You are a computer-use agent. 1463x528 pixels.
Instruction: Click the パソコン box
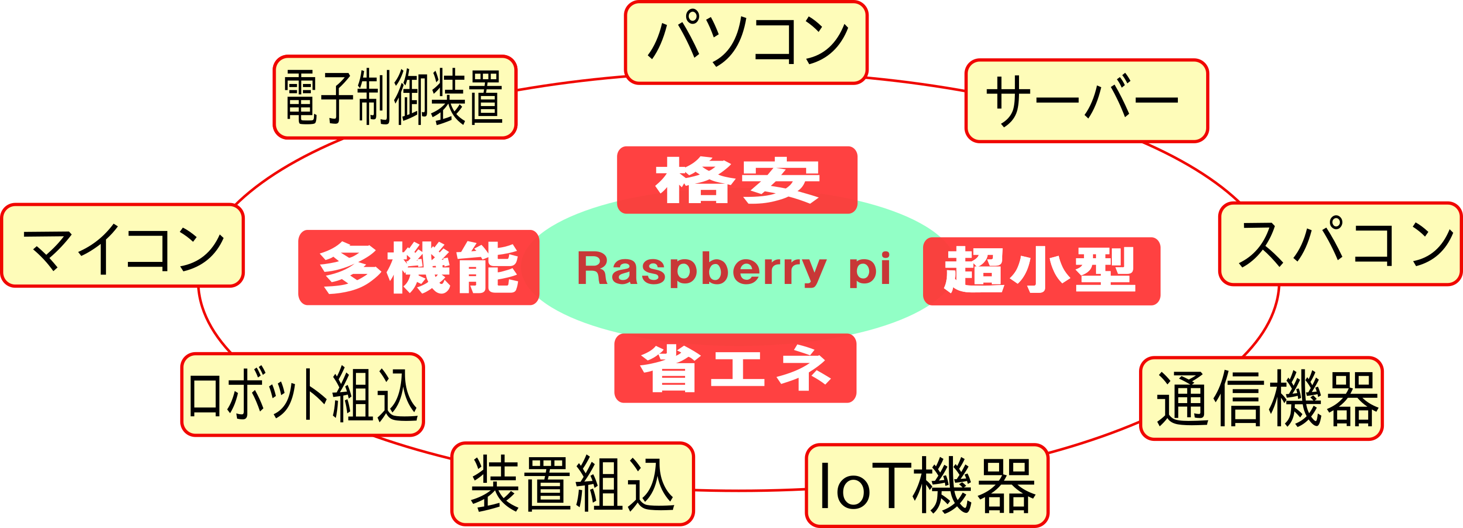746,43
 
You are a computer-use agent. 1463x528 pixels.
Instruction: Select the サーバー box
1086,101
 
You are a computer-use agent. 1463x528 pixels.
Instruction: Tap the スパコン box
1340,243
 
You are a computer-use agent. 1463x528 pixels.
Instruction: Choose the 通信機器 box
1261,398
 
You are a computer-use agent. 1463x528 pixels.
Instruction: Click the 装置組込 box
572,484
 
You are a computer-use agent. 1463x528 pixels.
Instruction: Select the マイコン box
123,246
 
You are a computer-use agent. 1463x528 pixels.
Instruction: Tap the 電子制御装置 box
395,97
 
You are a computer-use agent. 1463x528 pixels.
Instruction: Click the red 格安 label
736,180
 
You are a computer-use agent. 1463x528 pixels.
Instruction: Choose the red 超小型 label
1041,271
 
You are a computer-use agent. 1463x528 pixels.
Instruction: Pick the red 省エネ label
735,368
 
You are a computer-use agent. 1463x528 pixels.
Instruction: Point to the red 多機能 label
419,268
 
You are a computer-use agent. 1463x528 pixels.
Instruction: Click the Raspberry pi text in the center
733,268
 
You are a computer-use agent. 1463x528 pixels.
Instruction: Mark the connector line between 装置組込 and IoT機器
750,490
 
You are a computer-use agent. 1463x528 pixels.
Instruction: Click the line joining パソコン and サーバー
916,83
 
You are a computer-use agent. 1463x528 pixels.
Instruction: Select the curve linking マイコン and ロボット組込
208,324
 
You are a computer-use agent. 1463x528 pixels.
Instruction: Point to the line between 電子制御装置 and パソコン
571,82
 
